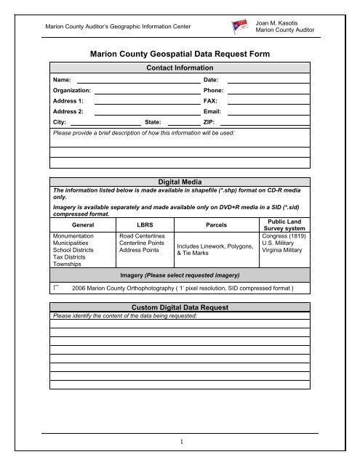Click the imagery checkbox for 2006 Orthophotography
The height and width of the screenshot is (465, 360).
click(x=55, y=288)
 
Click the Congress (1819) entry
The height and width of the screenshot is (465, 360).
click(x=287, y=236)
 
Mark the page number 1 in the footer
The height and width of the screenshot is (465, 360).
click(x=180, y=442)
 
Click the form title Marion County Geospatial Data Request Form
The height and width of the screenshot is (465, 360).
click(x=180, y=52)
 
